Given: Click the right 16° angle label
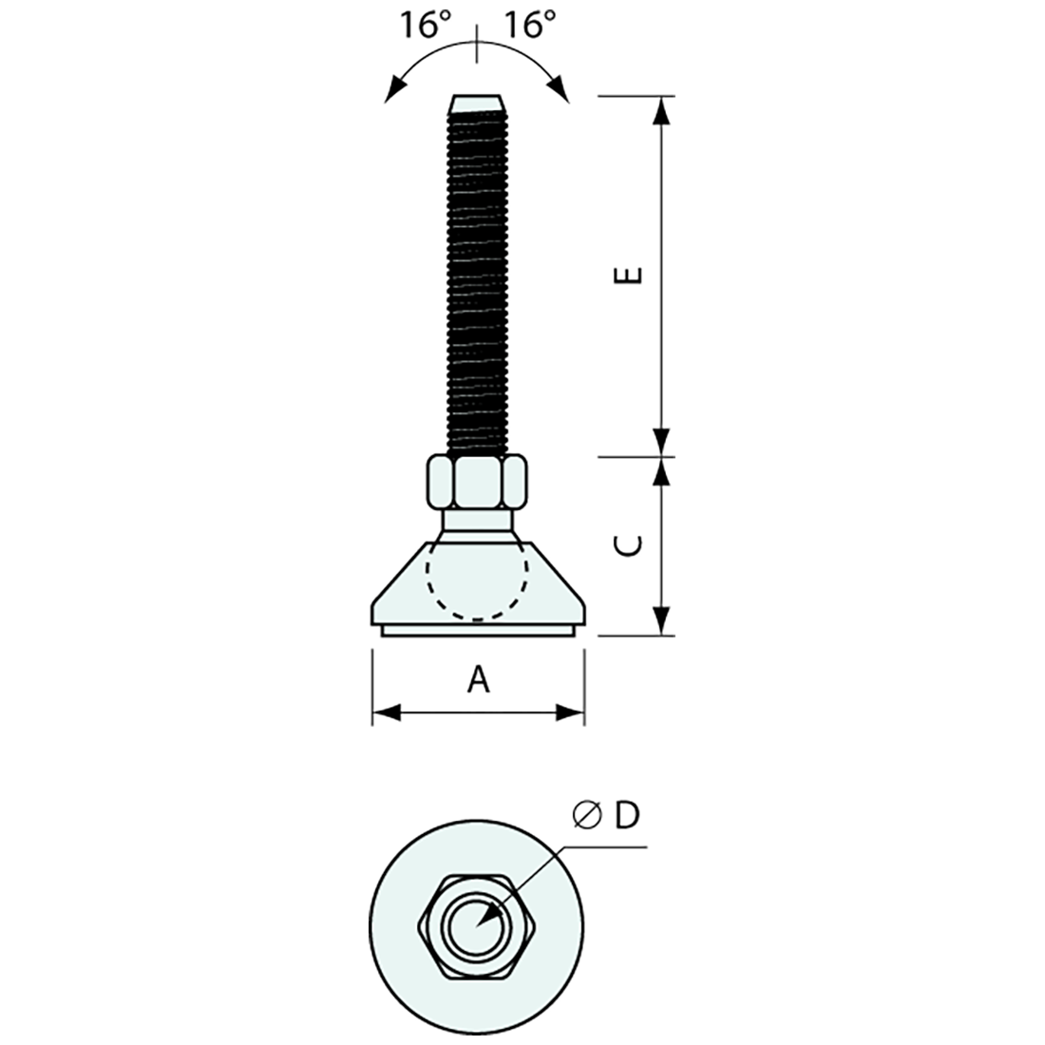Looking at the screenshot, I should pyautogui.click(x=529, y=26).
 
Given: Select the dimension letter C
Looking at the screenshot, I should pyautogui.click(x=630, y=545).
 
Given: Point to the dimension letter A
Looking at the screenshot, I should pyautogui.click(x=480, y=680).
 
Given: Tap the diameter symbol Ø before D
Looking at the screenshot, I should pyautogui.click(x=585, y=816).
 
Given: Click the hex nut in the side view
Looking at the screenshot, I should pyautogui.click(x=477, y=483).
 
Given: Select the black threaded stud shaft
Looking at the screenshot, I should pyautogui.click(x=477, y=275).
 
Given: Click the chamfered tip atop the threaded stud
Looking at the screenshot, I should pyautogui.click(x=477, y=102).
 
